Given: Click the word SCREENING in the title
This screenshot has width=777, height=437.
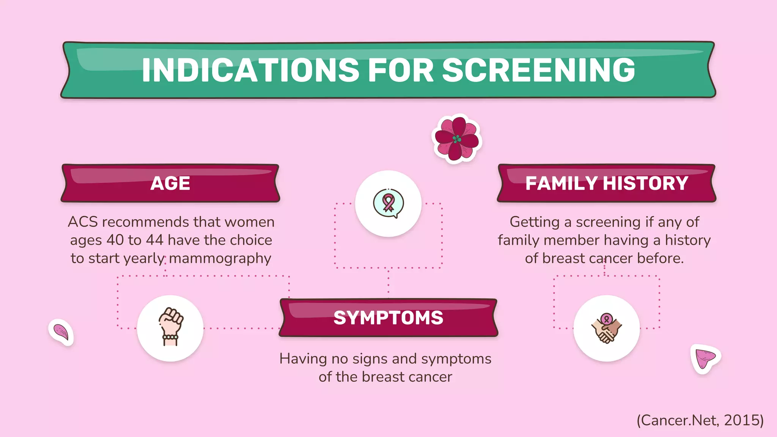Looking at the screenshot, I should coord(538,70).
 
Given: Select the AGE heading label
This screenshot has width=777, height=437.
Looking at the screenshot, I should coord(170,184).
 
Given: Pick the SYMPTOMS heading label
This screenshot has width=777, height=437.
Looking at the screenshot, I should coord(388,318).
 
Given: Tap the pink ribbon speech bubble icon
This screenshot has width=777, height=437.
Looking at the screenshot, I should coord(388,203).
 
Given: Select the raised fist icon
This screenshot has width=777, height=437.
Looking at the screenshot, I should coord(170,327).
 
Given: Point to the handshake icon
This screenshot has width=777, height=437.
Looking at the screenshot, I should coord(606,328).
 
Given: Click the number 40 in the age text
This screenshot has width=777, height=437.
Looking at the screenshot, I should coord(115,240).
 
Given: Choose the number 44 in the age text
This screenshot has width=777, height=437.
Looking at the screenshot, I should coord(155,240).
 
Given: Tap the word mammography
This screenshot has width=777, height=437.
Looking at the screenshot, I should coord(220,258).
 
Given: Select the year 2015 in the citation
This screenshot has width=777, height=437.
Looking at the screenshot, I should coord(741,420).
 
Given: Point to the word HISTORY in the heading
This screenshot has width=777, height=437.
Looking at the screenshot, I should coord(645,184).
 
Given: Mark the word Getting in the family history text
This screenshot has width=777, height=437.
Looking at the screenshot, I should coord(535,222).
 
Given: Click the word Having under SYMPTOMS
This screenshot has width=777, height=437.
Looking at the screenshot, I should coord(303,359).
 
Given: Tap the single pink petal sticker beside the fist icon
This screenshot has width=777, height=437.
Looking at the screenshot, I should coord(61,332).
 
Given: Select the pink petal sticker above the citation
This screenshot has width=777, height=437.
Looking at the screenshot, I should coord(705,358).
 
